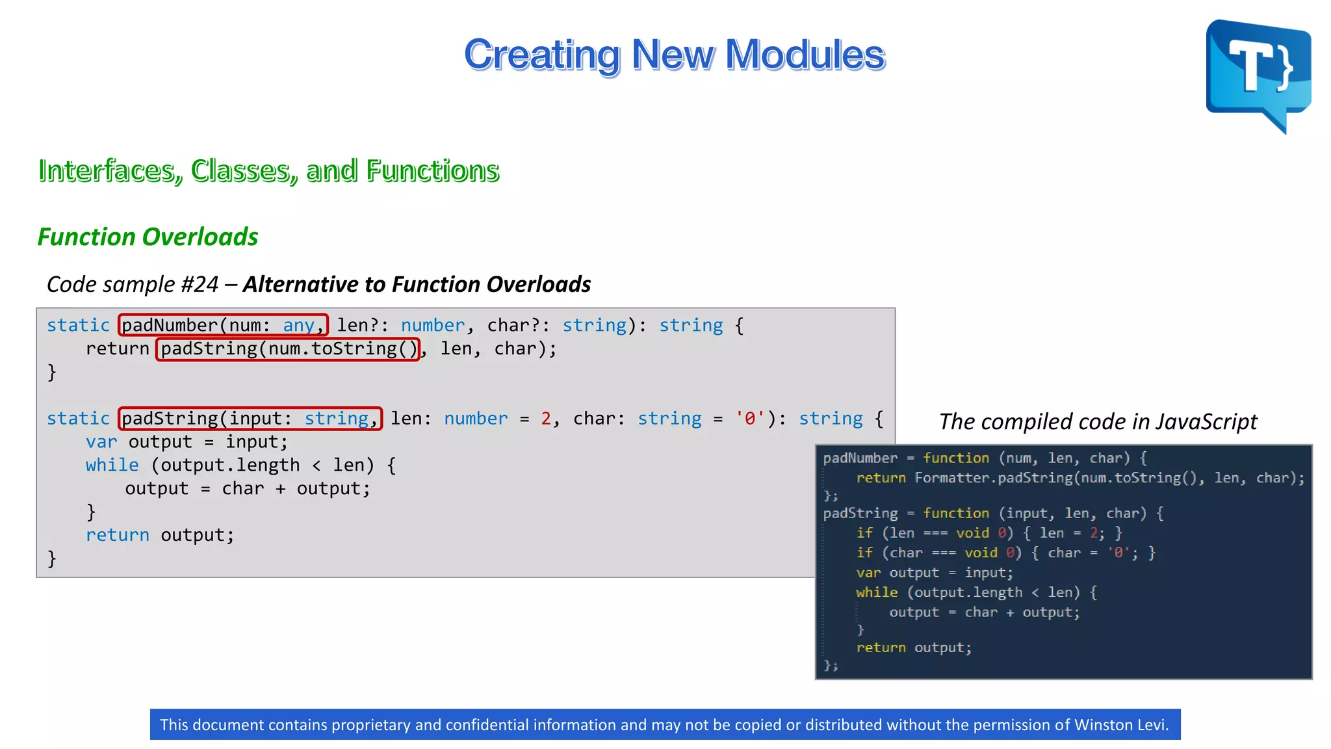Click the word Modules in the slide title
click(805, 55)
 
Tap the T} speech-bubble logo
click(1258, 73)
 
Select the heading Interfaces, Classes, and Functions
click(268, 170)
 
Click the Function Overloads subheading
click(148, 237)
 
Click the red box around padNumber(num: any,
click(223, 325)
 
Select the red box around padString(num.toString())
click(288, 349)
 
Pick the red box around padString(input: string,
click(250, 419)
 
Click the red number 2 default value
click(546, 419)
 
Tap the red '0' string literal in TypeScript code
click(749, 419)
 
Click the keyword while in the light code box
click(112, 466)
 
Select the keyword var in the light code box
click(101, 442)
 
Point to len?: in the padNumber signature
click(362, 325)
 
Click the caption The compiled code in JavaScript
click(1098, 421)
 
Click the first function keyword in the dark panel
click(956, 458)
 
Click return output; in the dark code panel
click(913, 648)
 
